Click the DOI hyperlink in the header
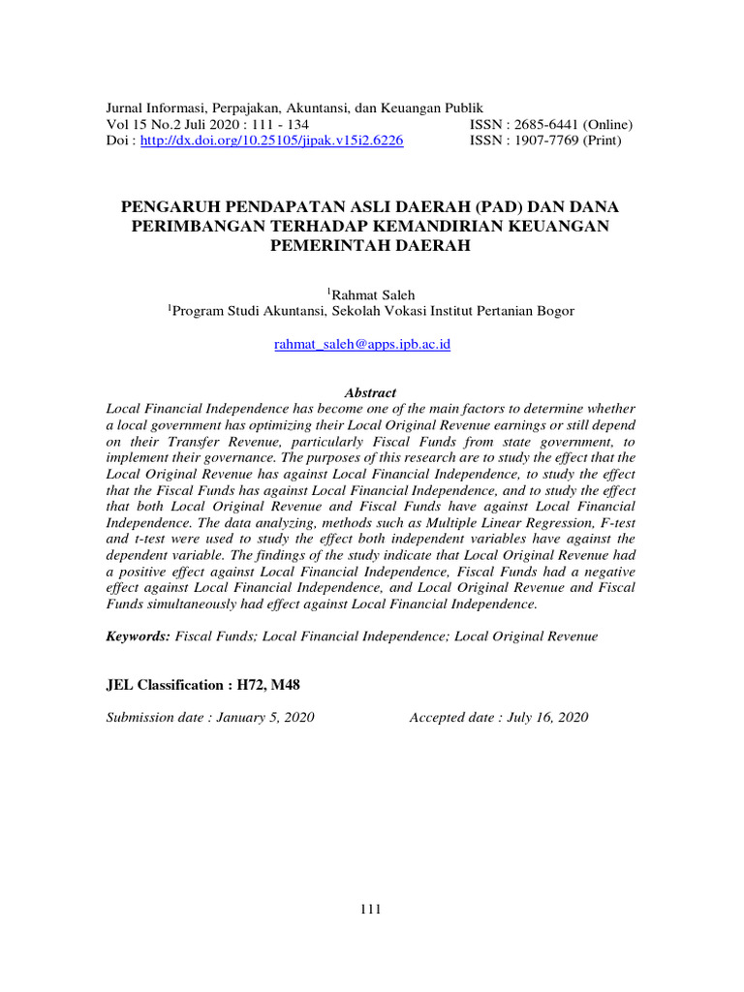[x=271, y=140]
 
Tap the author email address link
[x=362, y=344]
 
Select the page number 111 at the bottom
[x=371, y=909]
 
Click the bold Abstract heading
[x=371, y=392]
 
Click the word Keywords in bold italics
[x=138, y=636]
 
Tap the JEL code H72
[x=250, y=685]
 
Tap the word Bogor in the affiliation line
[x=552, y=311]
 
